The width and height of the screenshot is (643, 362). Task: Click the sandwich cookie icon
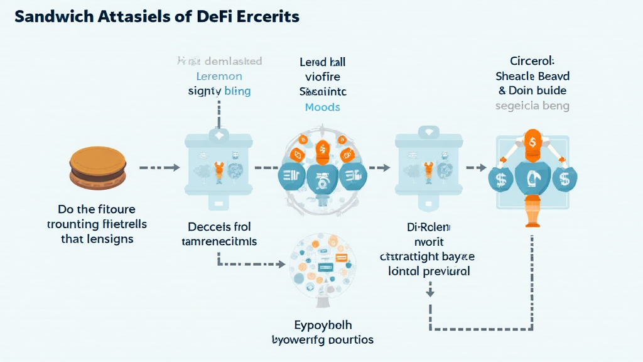point(97,167)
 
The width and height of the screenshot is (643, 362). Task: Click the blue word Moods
point(322,107)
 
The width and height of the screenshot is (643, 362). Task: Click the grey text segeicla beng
point(532,106)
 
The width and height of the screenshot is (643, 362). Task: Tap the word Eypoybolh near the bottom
point(323,325)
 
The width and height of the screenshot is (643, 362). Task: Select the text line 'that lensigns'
point(97,239)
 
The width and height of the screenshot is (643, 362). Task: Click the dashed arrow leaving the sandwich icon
point(158,168)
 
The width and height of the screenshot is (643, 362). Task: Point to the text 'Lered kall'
point(323,62)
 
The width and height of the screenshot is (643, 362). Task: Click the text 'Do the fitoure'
point(97,209)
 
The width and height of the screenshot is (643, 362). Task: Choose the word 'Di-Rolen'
point(428,226)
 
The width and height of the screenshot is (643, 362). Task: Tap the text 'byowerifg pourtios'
point(323,339)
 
